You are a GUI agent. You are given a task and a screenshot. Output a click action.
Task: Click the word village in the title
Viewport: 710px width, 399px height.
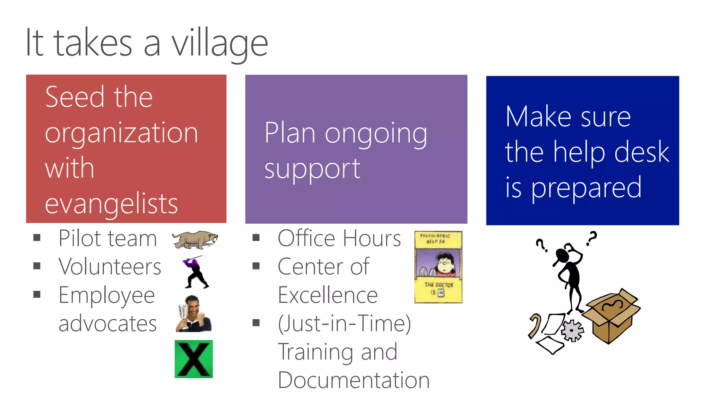click(220, 43)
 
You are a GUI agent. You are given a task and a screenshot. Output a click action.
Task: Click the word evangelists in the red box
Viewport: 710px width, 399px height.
click(111, 204)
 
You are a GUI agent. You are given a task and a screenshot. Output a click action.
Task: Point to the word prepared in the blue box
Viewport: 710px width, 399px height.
click(587, 188)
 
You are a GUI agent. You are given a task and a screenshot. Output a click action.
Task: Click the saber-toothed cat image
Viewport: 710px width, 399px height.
click(195, 240)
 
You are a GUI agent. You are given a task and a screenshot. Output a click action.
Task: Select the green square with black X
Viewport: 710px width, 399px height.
click(193, 359)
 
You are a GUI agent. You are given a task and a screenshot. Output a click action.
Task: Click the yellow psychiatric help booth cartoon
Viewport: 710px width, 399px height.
click(438, 267)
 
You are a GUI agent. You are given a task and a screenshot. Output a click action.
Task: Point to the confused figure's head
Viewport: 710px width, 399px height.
click(562, 256)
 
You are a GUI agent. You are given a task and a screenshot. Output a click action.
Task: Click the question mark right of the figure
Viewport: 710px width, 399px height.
click(592, 238)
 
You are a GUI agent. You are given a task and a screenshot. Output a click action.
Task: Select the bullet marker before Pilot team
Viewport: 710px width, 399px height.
click(37, 238)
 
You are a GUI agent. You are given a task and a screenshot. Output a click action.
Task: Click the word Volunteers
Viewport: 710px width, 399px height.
click(110, 267)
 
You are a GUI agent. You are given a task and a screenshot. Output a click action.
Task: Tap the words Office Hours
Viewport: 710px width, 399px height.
click(339, 239)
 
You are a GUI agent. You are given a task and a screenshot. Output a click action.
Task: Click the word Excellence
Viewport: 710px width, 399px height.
click(328, 295)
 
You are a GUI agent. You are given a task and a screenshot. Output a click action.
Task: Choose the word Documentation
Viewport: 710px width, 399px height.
click(354, 380)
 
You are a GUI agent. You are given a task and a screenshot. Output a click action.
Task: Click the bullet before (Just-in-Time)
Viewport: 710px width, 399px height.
click(256, 323)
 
